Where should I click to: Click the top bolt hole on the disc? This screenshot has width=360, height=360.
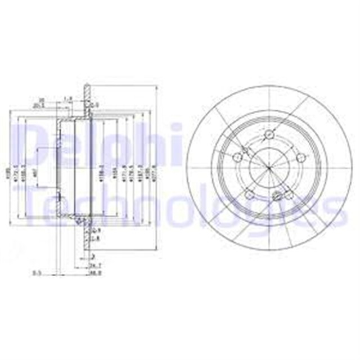point(269,134)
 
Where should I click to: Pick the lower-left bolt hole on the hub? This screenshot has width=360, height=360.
point(247,193)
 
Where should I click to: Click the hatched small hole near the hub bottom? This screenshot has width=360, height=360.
point(277,196)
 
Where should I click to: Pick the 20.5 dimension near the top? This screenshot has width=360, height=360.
point(55,105)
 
